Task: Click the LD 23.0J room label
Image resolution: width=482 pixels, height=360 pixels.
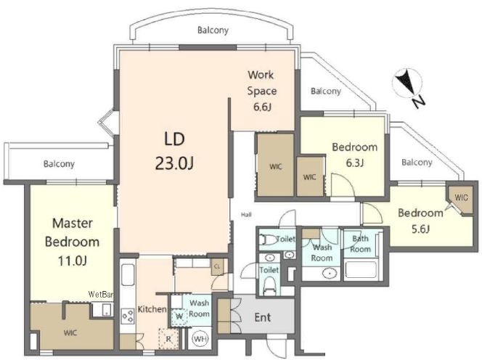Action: pos(174,151)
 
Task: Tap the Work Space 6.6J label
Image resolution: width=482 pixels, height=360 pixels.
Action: pos(262,91)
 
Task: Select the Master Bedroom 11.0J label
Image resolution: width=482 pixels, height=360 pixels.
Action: pos(73,242)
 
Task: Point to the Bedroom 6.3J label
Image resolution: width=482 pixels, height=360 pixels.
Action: pos(355,155)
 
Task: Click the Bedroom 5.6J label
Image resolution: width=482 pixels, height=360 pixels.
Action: pos(420,221)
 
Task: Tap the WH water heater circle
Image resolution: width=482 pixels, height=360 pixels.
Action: pos(200,339)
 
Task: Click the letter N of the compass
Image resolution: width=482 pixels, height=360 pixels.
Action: pos(418,102)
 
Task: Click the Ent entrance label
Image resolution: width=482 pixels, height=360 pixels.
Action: pos(263,317)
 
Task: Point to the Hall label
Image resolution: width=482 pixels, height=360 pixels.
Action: pos(246,215)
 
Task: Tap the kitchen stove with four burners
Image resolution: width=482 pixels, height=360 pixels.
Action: pos(128,316)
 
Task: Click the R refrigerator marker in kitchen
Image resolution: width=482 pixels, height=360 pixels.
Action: pos(168,339)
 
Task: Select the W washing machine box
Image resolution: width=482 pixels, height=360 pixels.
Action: pos(179,316)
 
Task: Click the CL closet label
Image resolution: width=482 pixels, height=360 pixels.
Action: pos(217,266)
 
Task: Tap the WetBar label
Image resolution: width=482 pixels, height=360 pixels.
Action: pos(101,294)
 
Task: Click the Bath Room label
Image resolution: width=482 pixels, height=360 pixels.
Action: pos(360,244)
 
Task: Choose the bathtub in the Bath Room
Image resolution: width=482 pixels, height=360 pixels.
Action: pos(361,270)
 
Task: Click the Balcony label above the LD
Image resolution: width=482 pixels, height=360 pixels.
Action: pos(213,30)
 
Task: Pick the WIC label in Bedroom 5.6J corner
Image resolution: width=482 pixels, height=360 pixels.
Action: pos(462,197)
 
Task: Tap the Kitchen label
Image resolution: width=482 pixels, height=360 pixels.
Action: pos(152,309)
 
